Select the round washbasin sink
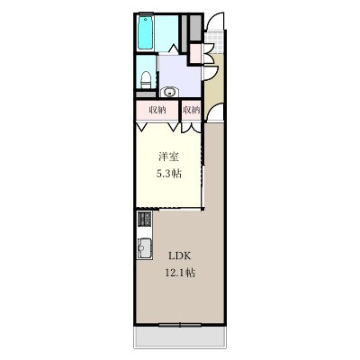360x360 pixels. click(170, 90)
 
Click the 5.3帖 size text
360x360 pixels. click(167, 173)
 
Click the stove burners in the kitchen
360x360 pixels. click(144, 219)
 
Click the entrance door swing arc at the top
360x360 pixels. click(212, 27)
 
